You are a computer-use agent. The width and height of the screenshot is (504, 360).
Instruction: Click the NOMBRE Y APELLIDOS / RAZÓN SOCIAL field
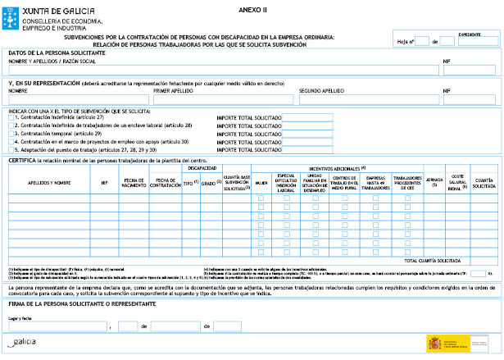click(x=221, y=71)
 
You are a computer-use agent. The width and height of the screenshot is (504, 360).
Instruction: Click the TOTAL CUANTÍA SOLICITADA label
click(x=434, y=260)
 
